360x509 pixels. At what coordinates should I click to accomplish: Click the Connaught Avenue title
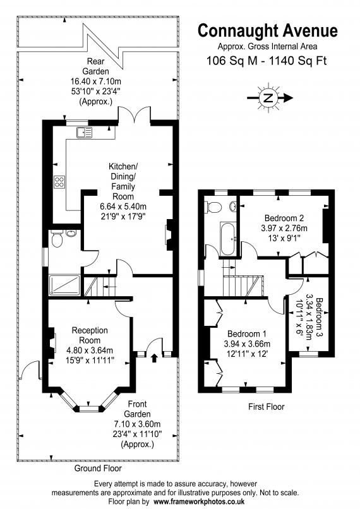click(268, 31)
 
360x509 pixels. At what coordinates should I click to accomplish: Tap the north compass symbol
click(269, 98)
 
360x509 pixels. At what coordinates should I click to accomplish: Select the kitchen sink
click(84, 132)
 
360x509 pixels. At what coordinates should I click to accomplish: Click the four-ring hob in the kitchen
click(60, 182)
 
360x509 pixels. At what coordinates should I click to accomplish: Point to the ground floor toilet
click(57, 239)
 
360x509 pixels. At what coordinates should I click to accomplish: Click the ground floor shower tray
click(64, 285)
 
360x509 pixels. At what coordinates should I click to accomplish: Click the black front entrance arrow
click(154, 357)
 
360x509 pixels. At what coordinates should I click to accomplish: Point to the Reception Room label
click(90, 335)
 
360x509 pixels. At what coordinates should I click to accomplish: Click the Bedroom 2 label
click(284, 218)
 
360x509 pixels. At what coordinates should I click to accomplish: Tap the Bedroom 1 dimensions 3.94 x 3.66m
click(247, 344)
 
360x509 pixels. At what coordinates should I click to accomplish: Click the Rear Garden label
click(95, 66)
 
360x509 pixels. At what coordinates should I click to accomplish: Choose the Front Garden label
click(137, 409)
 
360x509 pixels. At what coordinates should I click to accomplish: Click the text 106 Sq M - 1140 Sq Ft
click(267, 61)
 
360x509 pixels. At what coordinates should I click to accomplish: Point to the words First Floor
click(266, 407)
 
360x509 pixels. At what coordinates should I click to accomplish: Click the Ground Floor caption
click(98, 468)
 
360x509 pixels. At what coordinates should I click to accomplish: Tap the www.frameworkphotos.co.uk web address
click(199, 501)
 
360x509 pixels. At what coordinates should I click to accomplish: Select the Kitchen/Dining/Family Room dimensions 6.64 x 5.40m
click(123, 207)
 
